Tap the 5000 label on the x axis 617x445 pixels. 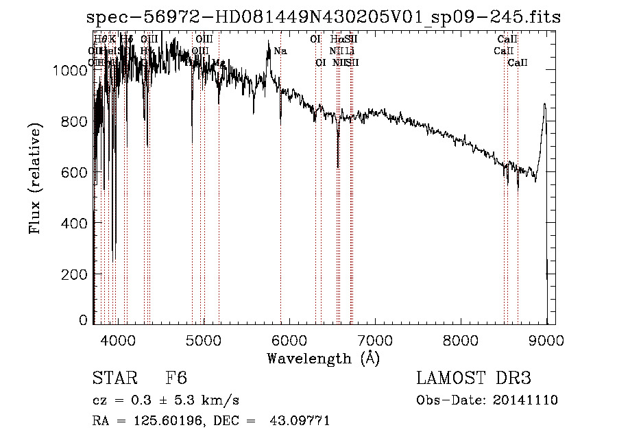click(x=204, y=339)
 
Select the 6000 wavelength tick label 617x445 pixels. click(x=289, y=339)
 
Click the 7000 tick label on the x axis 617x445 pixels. click(x=375, y=339)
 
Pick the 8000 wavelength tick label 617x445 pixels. click(x=461, y=339)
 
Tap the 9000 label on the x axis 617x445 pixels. click(x=546, y=339)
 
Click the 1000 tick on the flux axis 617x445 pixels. click(x=73, y=70)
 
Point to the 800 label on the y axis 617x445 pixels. click(x=77, y=121)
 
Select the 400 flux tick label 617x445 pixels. click(x=77, y=224)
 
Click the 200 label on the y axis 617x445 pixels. click(x=77, y=274)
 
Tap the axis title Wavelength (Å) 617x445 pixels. click(x=323, y=358)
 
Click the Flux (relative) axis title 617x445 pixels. click(x=36, y=179)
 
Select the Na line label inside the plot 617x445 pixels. click(x=280, y=51)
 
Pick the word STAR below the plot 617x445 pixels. click(x=112, y=378)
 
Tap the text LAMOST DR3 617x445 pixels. click(x=474, y=378)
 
